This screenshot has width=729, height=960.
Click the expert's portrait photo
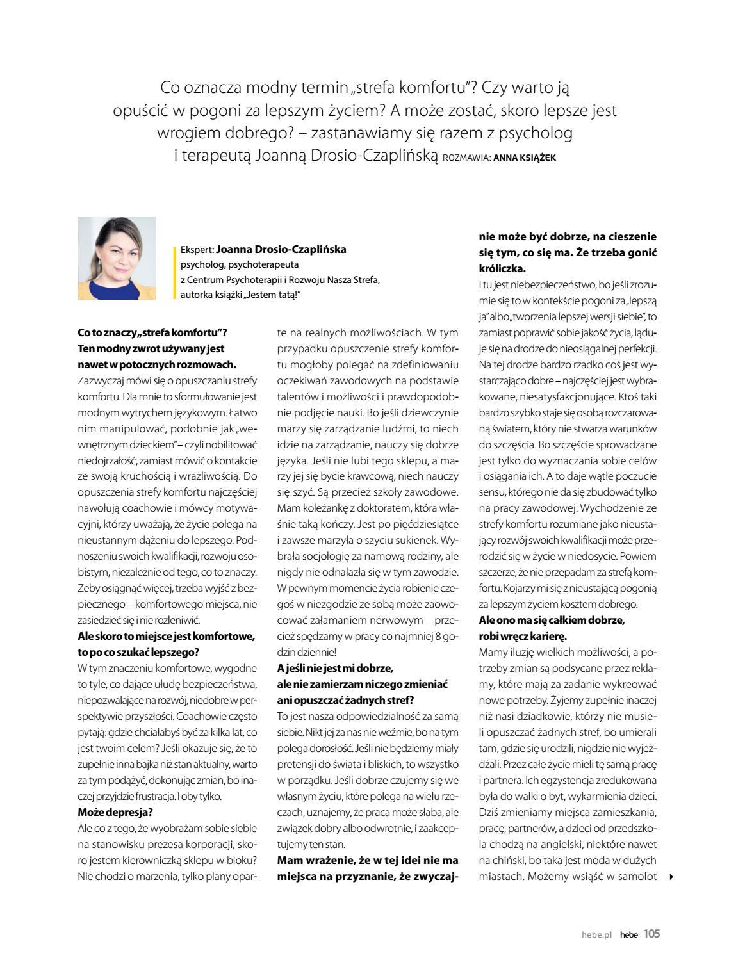pos(117,258)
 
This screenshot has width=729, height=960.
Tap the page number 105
pos(651,934)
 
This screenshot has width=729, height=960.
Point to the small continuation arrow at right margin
pos(671,877)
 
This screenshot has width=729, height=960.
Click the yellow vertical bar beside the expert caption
pos(175,272)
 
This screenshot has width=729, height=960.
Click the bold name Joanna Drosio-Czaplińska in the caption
pos(281,250)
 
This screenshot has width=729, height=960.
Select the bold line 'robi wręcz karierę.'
pos(523,636)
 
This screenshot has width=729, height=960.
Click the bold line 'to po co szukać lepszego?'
pos(138,652)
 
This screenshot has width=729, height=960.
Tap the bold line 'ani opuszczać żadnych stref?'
pos(345,699)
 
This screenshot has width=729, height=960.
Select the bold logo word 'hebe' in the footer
pos(628,934)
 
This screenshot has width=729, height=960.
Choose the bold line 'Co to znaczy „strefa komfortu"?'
pos(152,333)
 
